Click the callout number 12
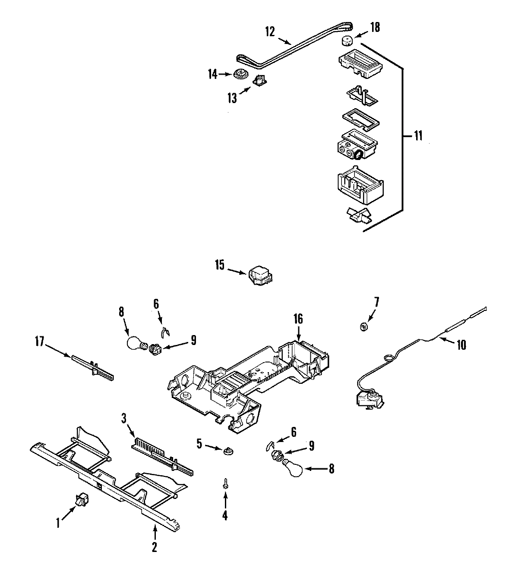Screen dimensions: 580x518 [x=270, y=31]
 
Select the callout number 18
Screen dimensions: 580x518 [x=375, y=27]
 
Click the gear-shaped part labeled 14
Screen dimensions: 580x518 [x=240, y=75]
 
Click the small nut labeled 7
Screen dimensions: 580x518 [x=363, y=327]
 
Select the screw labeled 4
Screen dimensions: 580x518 [x=225, y=485]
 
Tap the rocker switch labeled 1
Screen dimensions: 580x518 [x=81, y=501]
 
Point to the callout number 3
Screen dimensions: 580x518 [x=123, y=418]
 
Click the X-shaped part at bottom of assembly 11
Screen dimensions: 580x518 [x=358, y=216]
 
